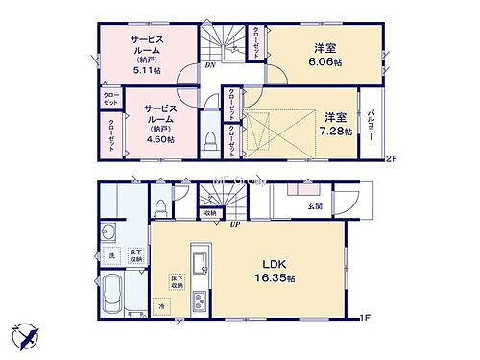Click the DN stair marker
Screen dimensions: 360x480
209,66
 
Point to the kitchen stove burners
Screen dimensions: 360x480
200,304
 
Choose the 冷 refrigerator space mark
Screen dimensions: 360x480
162,306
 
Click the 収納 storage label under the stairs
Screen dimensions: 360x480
210,213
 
